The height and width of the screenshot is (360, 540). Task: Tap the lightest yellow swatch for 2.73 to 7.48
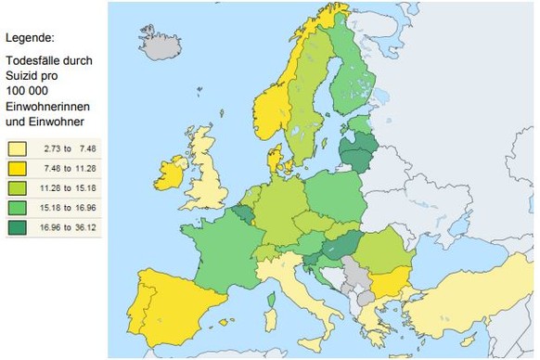pos(18,148)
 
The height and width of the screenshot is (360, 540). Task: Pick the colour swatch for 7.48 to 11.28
pos(18,168)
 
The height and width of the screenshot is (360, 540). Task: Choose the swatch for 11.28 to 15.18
pos(18,187)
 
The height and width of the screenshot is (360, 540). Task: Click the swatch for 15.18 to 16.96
pos(18,207)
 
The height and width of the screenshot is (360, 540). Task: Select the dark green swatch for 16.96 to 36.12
pos(18,226)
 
